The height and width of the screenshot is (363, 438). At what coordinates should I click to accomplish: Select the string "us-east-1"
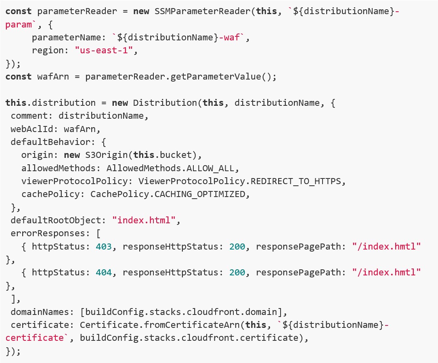click(104, 50)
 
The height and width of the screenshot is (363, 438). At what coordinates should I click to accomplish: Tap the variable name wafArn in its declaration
click(53, 77)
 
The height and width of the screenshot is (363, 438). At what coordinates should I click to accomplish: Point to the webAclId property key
click(34, 129)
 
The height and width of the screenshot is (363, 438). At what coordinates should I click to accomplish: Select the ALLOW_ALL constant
click(210, 168)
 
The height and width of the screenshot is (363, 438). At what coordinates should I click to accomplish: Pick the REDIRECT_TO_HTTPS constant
click(296, 181)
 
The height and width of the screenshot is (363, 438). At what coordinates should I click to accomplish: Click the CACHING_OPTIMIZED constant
click(200, 194)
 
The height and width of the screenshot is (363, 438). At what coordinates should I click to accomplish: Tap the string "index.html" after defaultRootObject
click(144, 220)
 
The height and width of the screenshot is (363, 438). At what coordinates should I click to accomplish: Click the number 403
click(104, 246)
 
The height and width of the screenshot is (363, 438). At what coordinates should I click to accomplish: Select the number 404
click(104, 273)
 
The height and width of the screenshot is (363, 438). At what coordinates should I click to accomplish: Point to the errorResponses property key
click(48, 233)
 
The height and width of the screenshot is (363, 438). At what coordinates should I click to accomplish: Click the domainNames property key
click(40, 312)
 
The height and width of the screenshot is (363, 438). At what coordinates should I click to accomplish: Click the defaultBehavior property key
click(50, 142)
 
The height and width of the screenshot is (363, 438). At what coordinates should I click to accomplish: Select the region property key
click(48, 50)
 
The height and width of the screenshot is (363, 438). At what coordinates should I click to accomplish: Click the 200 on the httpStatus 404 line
click(237, 273)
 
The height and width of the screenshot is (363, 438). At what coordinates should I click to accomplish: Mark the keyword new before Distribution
click(120, 103)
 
